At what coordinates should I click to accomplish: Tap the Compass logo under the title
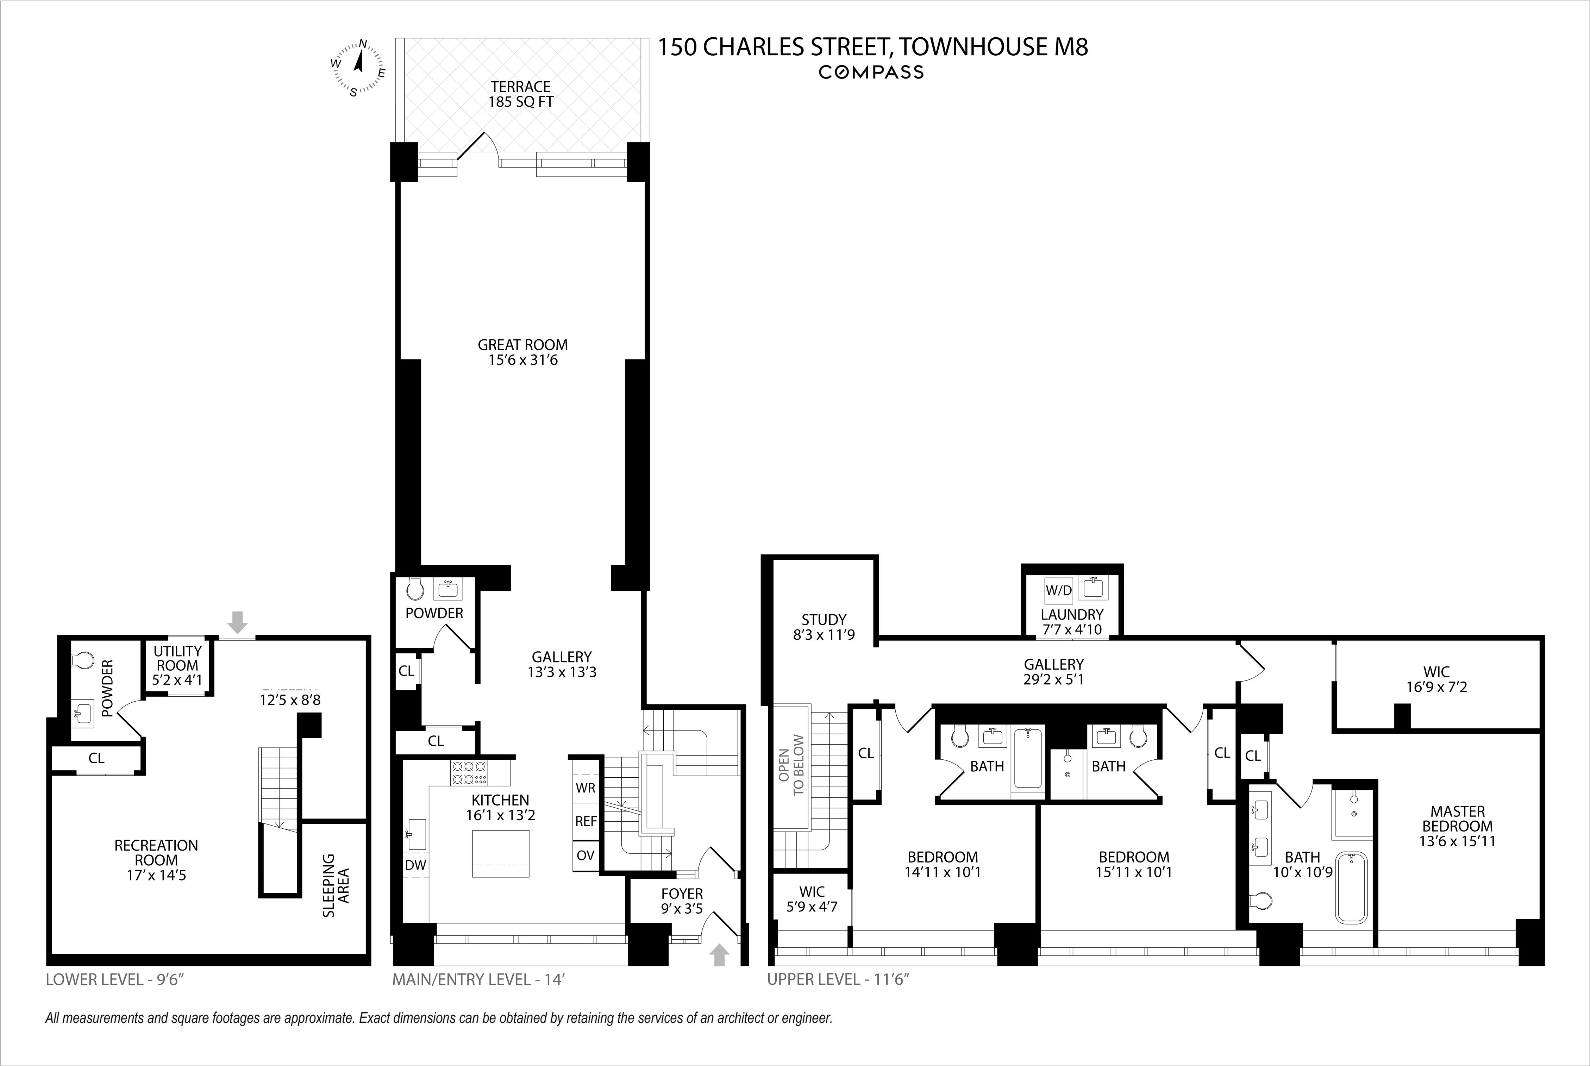(x=871, y=72)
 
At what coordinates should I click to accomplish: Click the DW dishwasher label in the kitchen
(x=415, y=865)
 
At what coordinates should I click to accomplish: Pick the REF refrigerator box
(x=585, y=821)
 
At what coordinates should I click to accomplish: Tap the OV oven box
(x=585, y=855)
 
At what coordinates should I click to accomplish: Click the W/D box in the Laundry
(x=1058, y=590)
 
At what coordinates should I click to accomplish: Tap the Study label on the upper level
(x=824, y=627)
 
